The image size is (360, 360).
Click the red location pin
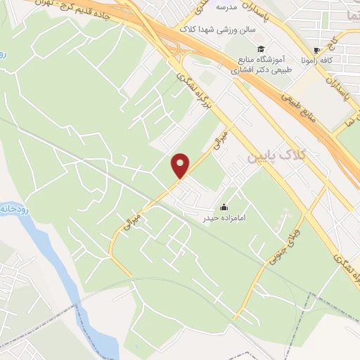point(181,165)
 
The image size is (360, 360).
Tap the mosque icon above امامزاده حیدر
point(224,207)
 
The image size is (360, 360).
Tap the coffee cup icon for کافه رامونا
point(316,50)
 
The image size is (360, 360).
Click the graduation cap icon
point(261,49)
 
